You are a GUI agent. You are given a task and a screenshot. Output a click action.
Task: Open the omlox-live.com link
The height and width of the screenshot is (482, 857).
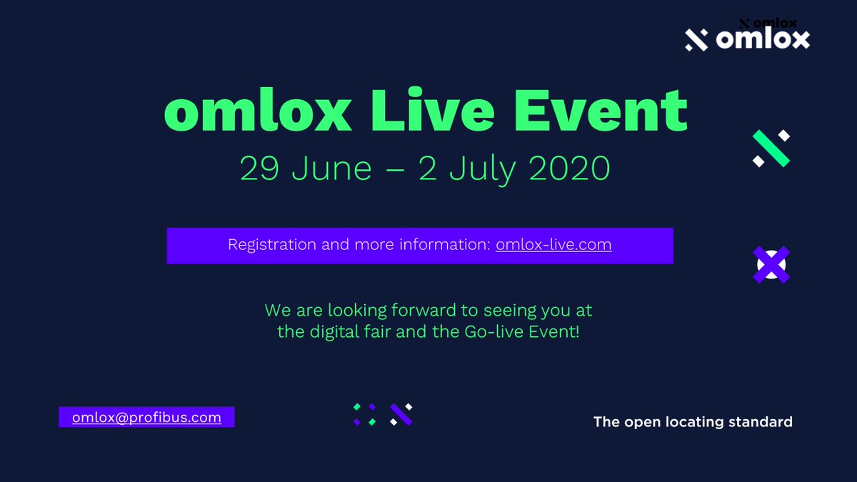point(553,245)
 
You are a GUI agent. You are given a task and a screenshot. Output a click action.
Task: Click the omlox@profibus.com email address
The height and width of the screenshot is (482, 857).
point(146,417)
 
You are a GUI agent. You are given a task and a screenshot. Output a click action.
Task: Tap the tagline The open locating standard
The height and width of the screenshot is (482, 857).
point(693,422)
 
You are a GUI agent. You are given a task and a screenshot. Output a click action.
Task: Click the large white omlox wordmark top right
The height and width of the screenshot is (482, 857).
point(762,39)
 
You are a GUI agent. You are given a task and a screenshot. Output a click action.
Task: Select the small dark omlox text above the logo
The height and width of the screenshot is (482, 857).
point(774,24)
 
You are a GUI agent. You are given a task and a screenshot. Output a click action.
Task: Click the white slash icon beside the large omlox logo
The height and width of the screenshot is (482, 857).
point(696,40)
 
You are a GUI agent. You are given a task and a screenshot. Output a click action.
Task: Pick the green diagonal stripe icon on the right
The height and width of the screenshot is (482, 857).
point(771,149)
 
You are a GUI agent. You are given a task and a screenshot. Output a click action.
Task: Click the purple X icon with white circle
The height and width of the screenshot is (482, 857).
point(771,265)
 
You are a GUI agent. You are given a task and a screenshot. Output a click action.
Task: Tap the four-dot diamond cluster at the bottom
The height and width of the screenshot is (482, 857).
point(364,414)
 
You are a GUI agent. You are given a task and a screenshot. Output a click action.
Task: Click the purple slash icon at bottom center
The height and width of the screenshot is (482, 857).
point(401,414)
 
